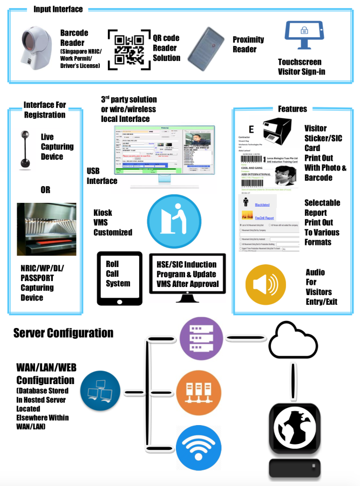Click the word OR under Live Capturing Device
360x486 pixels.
[x=45, y=190]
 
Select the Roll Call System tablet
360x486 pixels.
[x=119, y=277]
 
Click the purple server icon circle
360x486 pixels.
[x=200, y=338]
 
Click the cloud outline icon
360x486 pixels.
[x=293, y=337]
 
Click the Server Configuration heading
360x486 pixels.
[x=63, y=333]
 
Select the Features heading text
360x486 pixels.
[x=292, y=108]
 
